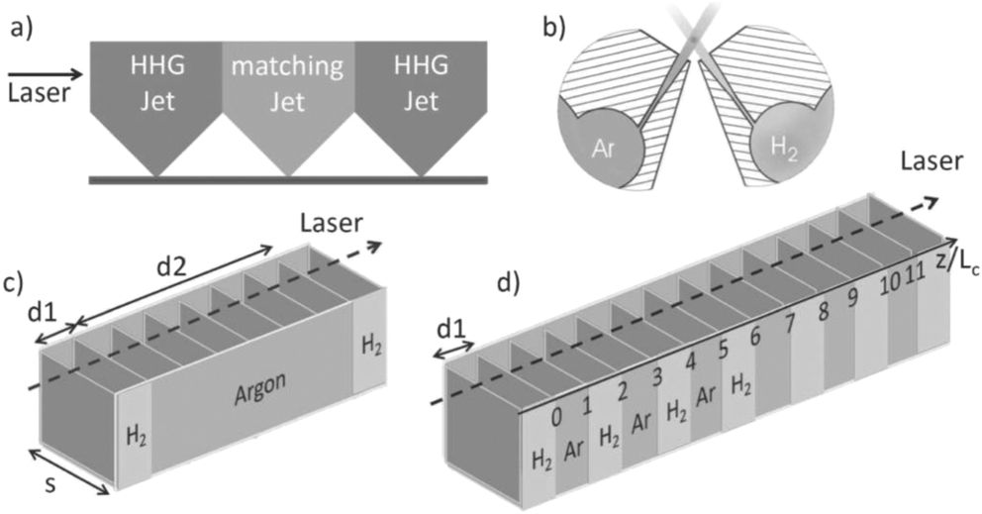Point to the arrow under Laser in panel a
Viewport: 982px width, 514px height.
tap(45, 74)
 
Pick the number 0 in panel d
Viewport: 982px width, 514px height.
tap(557, 417)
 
